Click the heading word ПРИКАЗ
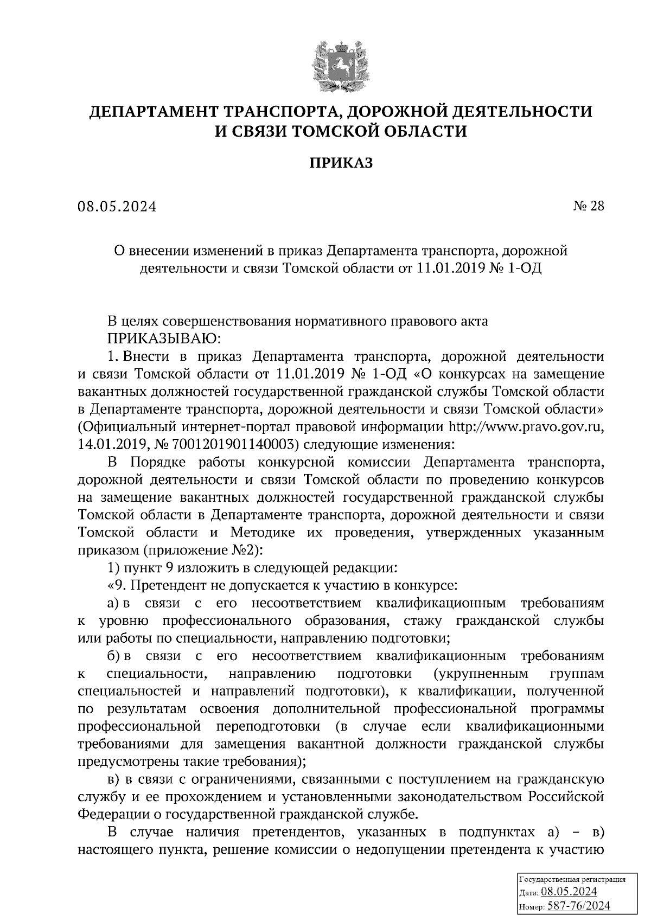point(341,163)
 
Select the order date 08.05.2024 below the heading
point(117,207)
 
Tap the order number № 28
point(588,206)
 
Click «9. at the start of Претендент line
point(117,586)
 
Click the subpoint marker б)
point(114,656)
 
